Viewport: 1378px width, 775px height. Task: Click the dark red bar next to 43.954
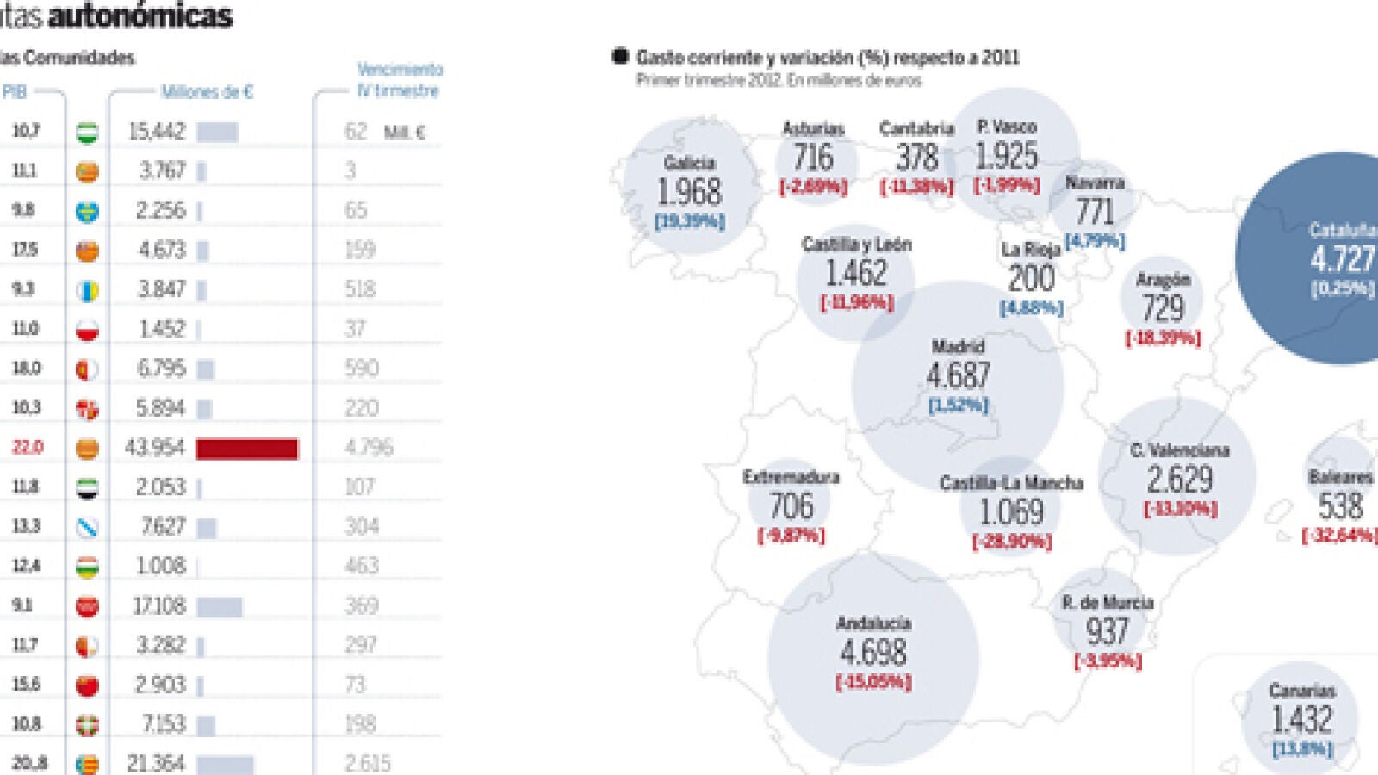(x=246, y=448)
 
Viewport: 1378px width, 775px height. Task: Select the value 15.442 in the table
(x=157, y=131)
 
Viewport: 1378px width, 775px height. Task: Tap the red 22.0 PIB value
(x=27, y=447)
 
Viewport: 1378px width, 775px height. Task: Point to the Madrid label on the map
(x=958, y=346)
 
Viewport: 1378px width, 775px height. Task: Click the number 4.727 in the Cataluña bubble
(x=1342, y=258)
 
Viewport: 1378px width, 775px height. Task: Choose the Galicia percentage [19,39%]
(x=690, y=221)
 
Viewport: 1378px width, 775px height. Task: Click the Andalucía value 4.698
(x=873, y=652)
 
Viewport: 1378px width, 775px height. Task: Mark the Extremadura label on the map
(x=791, y=477)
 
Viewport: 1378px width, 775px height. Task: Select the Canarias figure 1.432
(x=1302, y=719)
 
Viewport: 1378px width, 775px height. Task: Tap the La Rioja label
(x=1030, y=250)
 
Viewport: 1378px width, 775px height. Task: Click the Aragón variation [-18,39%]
(x=1163, y=338)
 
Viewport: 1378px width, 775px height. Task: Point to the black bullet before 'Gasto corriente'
(x=619, y=57)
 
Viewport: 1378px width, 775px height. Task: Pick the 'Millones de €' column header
(x=207, y=91)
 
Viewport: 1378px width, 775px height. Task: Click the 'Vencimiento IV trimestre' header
(x=399, y=79)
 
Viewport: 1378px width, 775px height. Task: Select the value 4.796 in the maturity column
(x=369, y=447)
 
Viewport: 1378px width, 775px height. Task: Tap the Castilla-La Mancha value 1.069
(x=1011, y=512)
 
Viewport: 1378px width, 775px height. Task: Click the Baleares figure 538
(x=1340, y=505)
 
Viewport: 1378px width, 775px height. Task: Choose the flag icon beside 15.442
(x=87, y=132)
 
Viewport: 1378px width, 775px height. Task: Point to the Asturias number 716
(x=813, y=157)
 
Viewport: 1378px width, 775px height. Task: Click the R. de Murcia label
(x=1108, y=603)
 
